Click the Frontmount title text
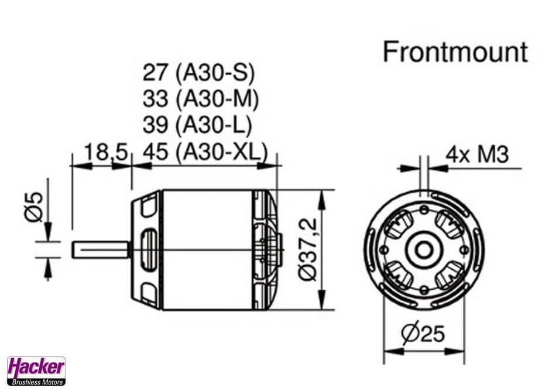click(455, 53)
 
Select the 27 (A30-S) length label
click(199, 73)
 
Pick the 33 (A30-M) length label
click(200, 98)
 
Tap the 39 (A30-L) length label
click(197, 125)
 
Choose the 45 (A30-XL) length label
click(205, 151)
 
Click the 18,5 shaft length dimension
click(106, 152)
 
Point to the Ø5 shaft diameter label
click(33, 207)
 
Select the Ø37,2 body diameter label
click(307, 249)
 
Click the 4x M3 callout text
click(477, 155)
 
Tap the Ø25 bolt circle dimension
click(423, 333)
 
